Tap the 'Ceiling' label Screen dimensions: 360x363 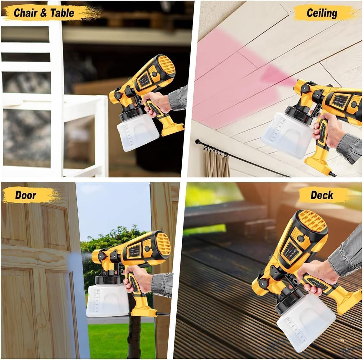[321, 13]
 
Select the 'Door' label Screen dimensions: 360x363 [26, 195]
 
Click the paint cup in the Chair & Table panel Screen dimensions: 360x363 [138, 133]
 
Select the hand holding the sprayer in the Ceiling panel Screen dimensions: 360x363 [326, 130]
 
